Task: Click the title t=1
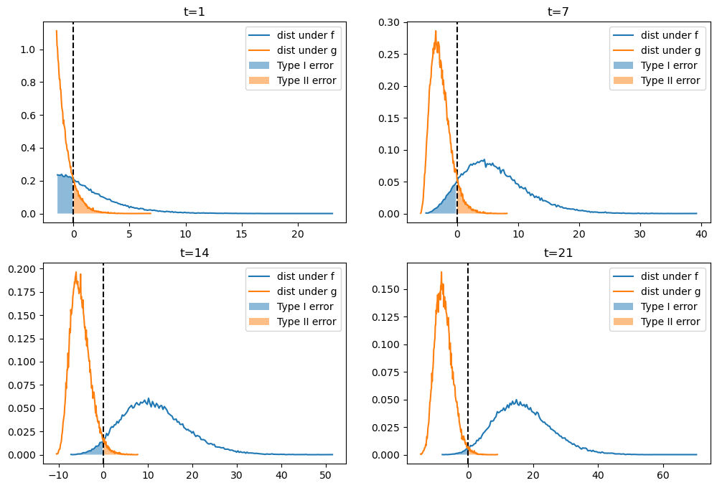point(195,11)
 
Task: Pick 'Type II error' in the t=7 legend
point(670,80)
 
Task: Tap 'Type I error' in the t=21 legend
point(668,306)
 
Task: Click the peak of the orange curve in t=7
point(435,31)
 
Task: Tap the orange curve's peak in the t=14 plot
point(75,272)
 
